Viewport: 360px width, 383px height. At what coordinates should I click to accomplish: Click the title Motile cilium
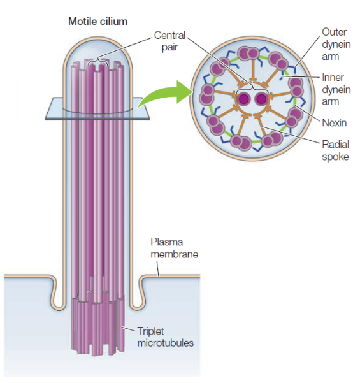pyautogui.click(x=97, y=22)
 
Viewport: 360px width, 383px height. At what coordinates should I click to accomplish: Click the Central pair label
pyautogui.click(x=170, y=41)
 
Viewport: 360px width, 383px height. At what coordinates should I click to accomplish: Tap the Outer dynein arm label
pyautogui.click(x=336, y=44)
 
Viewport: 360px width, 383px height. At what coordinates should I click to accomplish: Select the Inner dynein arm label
pyautogui.click(x=336, y=89)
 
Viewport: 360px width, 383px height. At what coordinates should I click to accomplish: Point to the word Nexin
pyautogui.click(x=334, y=122)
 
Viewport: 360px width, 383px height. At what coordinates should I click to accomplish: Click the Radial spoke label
pyautogui.click(x=335, y=150)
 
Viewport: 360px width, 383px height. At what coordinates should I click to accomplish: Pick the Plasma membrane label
pyautogui.click(x=175, y=248)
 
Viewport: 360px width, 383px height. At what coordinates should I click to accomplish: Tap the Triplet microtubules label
pyautogui.click(x=166, y=337)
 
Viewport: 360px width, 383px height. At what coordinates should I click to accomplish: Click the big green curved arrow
pyautogui.click(x=166, y=95)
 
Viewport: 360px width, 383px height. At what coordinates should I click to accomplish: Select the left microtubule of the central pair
pyautogui.click(x=244, y=99)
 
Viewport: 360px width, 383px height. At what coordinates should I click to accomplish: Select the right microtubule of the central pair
pyautogui.click(x=261, y=99)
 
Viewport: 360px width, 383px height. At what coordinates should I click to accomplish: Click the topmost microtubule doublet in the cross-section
pyautogui.click(x=248, y=54)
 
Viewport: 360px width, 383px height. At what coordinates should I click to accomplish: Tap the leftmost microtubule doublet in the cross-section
pyautogui.click(x=207, y=94)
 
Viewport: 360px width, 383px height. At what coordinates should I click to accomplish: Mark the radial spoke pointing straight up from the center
pyautogui.click(x=253, y=70)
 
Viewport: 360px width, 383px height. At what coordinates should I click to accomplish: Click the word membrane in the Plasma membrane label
pyautogui.click(x=175, y=254)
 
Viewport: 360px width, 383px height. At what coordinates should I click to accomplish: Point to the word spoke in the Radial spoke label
pyautogui.click(x=335, y=157)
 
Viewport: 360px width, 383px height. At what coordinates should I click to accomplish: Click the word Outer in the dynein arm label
pyautogui.click(x=334, y=32)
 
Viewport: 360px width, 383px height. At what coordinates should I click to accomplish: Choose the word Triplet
pyautogui.click(x=151, y=331)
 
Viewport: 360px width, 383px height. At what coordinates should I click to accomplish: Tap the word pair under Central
pyautogui.click(x=169, y=47)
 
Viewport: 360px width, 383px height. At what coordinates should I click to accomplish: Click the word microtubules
pyautogui.click(x=166, y=343)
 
